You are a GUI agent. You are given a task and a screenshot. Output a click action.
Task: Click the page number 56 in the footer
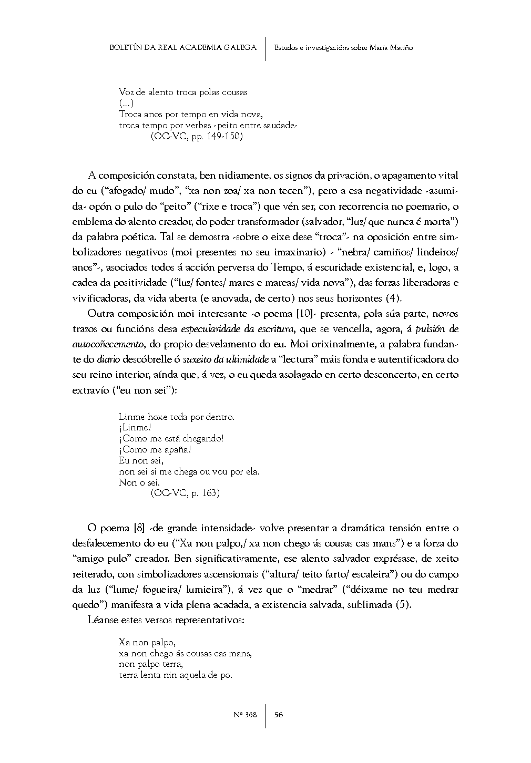click(279, 715)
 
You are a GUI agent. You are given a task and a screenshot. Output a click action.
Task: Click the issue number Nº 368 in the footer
click(244, 715)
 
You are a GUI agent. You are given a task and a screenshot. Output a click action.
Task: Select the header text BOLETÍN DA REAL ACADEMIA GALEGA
click(183, 48)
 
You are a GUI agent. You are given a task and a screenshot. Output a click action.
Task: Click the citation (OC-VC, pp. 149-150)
click(197, 136)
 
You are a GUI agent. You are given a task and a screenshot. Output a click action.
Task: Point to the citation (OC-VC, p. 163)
click(185, 493)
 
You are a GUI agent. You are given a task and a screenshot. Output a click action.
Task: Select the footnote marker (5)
click(403, 604)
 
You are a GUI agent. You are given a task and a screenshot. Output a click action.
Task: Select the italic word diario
click(107, 360)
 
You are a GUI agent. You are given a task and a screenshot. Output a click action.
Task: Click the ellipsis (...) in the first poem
click(126, 103)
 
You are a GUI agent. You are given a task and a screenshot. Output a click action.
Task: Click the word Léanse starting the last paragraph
click(103, 620)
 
